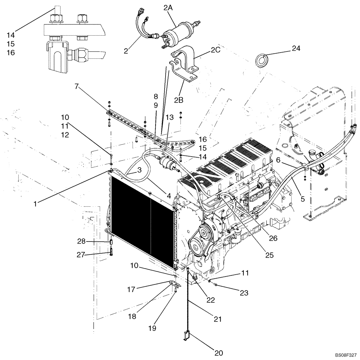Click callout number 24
pyautogui.click(x=296, y=48)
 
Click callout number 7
pyautogui.click(x=76, y=86)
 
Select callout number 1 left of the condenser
pyautogui.click(x=35, y=204)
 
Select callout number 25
pyautogui.click(x=269, y=255)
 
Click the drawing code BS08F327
pyautogui.click(x=345, y=354)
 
